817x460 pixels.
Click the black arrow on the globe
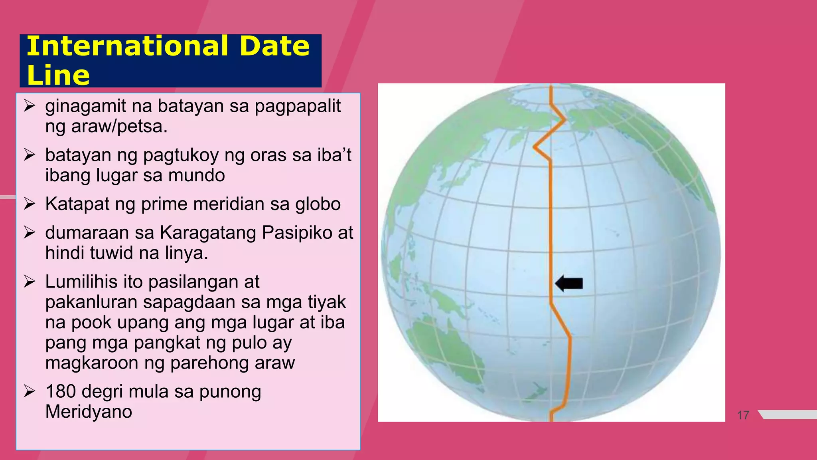click(x=569, y=284)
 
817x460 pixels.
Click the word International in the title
click(x=127, y=46)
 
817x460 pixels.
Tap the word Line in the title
click(x=58, y=75)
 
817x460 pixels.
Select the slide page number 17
click(x=743, y=415)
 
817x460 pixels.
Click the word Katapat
click(x=77, y=204)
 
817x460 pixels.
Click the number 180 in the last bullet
click(x=61, y=391)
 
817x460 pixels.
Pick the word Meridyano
click(x=89, y=412)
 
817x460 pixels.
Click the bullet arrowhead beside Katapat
click(x=30, y=204)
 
